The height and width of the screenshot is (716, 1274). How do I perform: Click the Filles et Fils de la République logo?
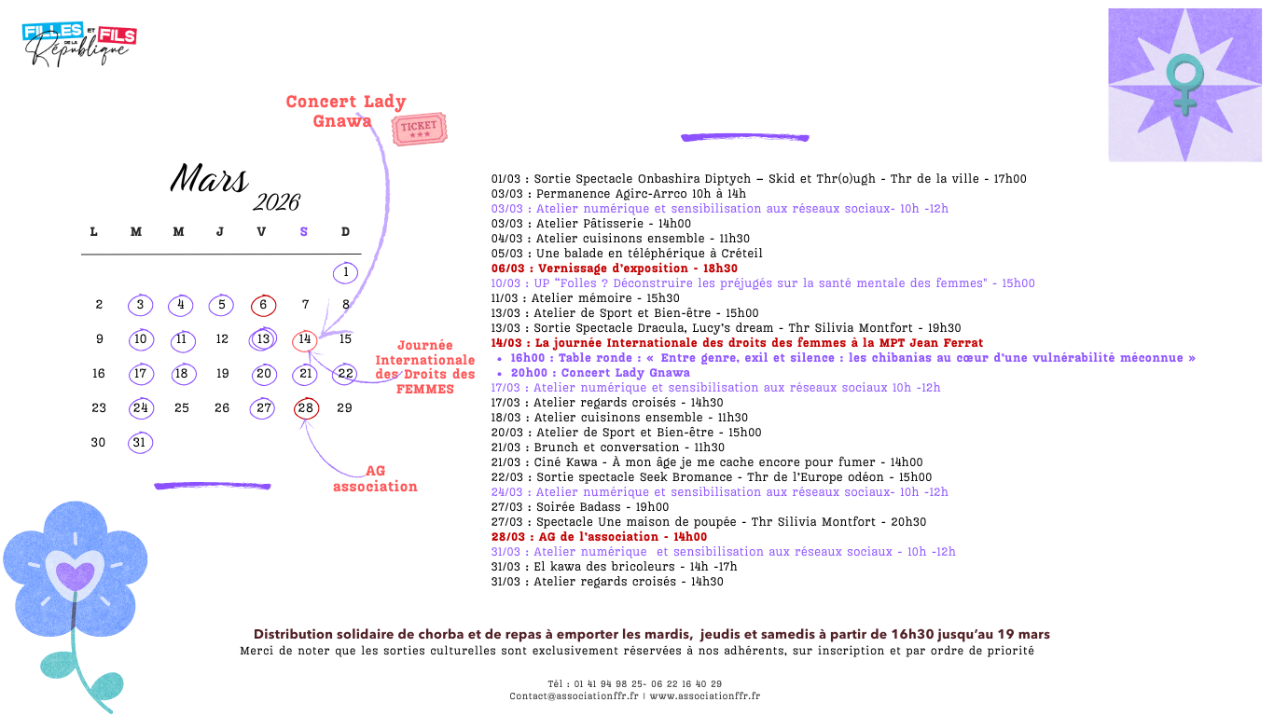coord(79,44)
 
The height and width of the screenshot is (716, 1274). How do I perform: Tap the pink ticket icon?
coord(419,129)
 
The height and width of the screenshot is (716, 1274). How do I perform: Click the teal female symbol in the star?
coord(1185,82)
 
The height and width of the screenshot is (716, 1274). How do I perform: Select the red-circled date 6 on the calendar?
coord(263,305)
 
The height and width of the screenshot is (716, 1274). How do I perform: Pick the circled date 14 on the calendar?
coord(304,340)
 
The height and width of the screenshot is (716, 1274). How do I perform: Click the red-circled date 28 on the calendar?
coord(305,408)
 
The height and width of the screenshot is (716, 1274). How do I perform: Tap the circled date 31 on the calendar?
coord(140,443)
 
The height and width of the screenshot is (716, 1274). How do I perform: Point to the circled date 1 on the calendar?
coord(345,273)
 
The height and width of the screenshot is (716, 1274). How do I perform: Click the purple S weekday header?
coord(303,232)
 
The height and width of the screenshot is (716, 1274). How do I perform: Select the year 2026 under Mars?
coord(276,203)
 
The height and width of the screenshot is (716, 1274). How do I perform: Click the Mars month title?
coord(209,178)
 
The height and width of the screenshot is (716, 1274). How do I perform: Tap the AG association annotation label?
coord(375,478)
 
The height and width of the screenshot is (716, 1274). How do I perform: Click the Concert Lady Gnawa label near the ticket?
coord(345,111)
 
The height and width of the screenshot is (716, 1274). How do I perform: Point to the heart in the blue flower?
coord(75,572)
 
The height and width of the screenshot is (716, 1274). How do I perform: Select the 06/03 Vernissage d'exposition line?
coord(614,268)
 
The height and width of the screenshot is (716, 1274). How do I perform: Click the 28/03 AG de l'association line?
coord(599,537)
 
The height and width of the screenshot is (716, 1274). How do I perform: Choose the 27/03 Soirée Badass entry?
coord(579,507)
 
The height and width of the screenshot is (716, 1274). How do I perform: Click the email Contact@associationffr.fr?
coord(574,695)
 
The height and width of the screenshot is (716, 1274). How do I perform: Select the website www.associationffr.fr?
coord(705,695)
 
